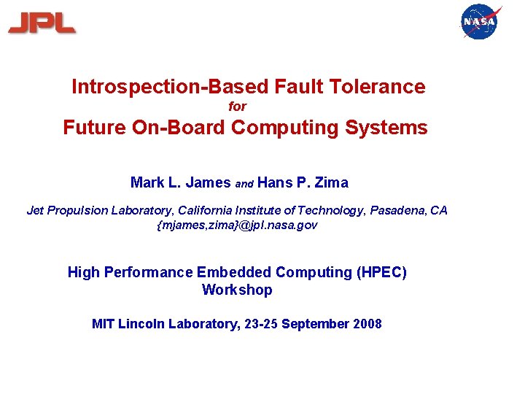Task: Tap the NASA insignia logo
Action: tap(481, 22)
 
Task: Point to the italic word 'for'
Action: tap(238, 107)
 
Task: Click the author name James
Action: tap(209, 182)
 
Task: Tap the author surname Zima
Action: tap(331, 182)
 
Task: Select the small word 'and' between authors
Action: tap(244, 184)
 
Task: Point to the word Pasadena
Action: tap(398, 210)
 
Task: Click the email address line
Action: tap(238, 225)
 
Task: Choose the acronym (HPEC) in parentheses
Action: tap(381, 272)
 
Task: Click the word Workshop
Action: tap(237, 290)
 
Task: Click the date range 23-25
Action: tap(259, 324)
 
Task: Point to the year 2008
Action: tap(366, 324)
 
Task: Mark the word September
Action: tap(314, 324)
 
